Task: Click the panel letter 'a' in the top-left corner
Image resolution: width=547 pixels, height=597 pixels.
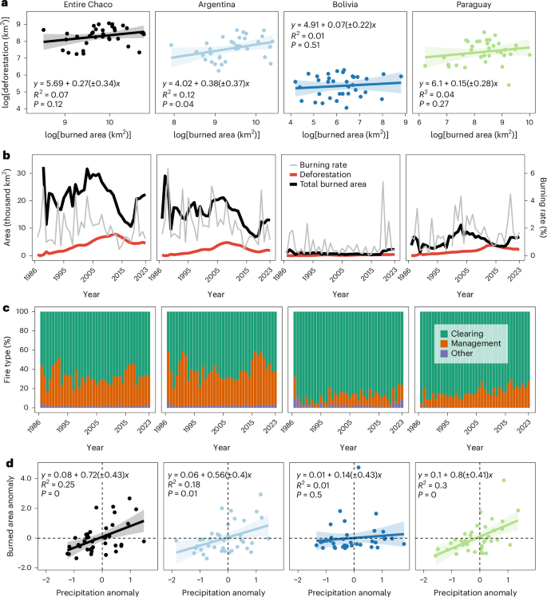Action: [4, 5]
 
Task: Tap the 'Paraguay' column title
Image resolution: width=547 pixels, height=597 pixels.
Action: [468, 6]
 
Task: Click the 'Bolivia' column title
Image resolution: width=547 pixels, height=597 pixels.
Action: [342, 6]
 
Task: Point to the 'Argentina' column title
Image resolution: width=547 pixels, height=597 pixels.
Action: [216, 6]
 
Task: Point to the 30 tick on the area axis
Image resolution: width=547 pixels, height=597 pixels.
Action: [24, 172]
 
